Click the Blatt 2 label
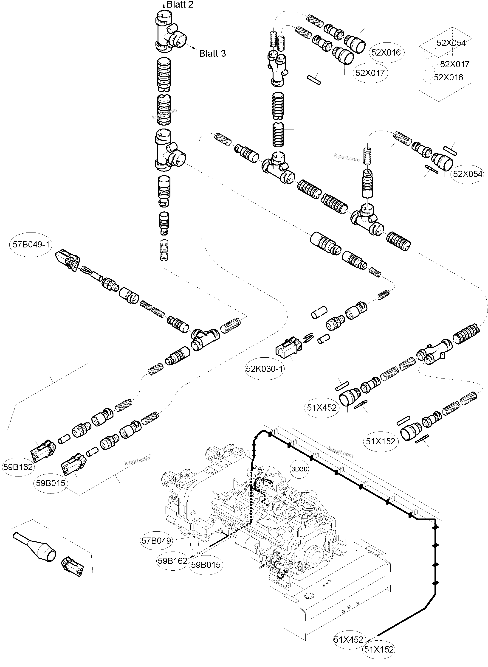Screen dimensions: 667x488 tap(180, 5)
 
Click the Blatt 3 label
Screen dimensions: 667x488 tap(212, 53)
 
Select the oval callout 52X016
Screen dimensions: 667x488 tap(386, 53)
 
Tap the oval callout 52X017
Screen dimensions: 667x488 tap(370, 73)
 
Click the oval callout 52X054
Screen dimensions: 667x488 tap(467, 174)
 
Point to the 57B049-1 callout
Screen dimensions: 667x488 tap(31, 244)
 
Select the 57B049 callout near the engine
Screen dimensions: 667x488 tap(156, 541)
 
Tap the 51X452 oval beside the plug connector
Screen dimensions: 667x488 tap(322, 408)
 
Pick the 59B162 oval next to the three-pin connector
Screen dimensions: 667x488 tap(18, 467)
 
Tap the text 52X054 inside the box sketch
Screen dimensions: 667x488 tap(451, 43)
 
